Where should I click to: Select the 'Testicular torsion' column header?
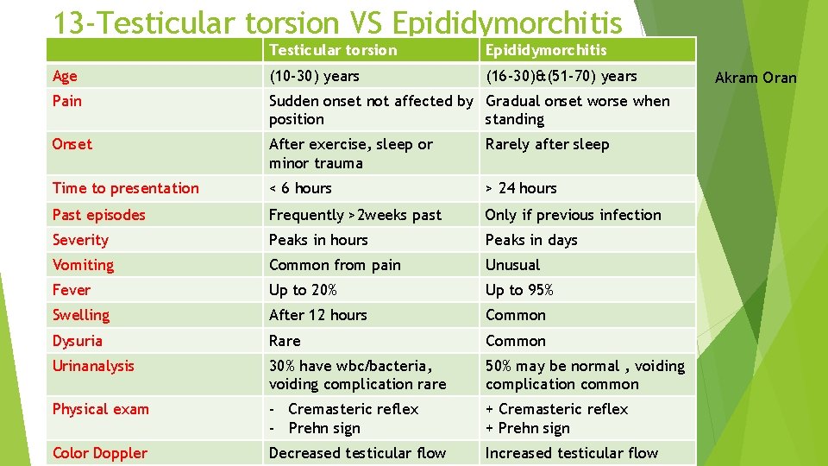[x=333, y=50]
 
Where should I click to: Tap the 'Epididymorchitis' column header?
[x=546, y=50]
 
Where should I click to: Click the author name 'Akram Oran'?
[x=756, y=78]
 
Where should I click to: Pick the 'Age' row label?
[x=65, y=76]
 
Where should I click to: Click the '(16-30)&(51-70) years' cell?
[x=561, y=76]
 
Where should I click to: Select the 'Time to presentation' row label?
[x=125, y=188]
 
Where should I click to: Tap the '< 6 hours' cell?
[x=300, y=188]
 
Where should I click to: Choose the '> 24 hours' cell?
[x=521, y=188]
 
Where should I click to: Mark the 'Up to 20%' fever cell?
[x=303, y=290]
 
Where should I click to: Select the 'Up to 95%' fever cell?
[x=519, y=290]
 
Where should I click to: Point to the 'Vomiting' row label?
[x=83, y=265]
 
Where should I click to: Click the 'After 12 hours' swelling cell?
[x=317, y=315]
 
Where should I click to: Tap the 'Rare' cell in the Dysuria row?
[x=285, y=341]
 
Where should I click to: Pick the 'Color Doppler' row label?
[x=99, y=453]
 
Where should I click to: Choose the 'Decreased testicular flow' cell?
[x=357, y=453]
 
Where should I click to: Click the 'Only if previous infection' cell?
[x=573, y=215]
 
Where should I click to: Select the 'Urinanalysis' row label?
[x=93, y=366]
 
